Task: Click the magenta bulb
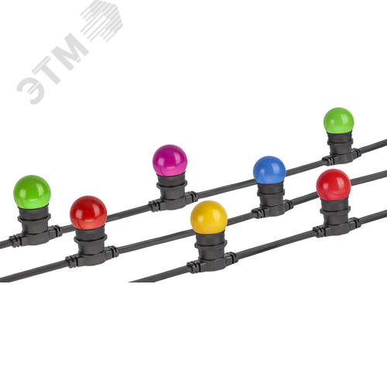point(170,160)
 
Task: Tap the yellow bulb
point(209,217)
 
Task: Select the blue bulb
point(269,170)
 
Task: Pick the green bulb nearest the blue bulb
point(339,121)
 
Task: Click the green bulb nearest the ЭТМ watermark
point(32,192)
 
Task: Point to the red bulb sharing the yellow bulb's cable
point(334,185)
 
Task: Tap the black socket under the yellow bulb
point(211,253)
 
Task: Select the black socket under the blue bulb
point(272,201)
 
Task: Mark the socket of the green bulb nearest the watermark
point(35,226)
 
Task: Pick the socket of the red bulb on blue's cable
point(91,248)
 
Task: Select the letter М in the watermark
point(72,50)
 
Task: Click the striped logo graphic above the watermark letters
point(103,20)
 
